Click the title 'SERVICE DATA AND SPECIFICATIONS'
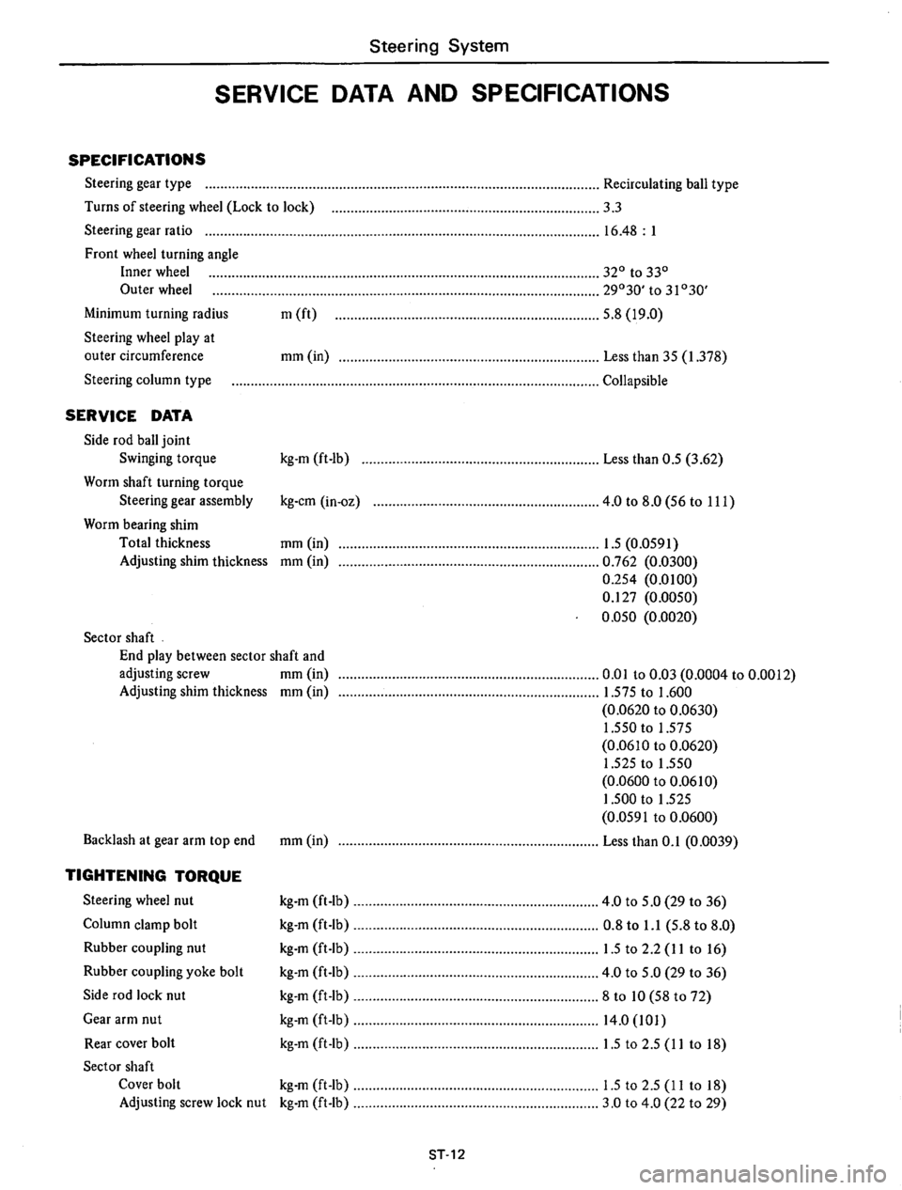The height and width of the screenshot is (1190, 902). (442, 94)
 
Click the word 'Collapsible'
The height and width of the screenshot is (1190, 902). (635, 381)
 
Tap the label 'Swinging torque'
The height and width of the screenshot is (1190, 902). (168, 459)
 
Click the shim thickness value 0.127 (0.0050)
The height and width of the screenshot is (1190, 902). (649, 597)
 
